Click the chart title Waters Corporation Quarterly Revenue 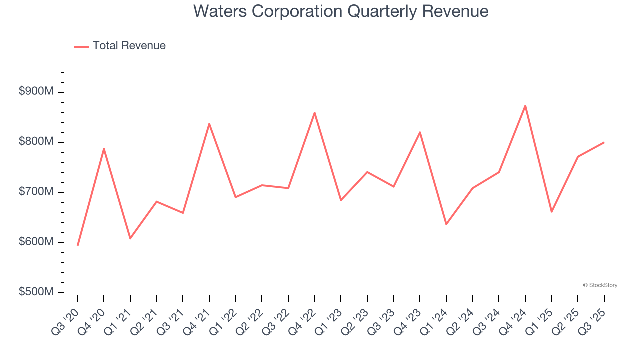click(341, 11)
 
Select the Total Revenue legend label click(129, 46)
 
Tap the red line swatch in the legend click(81, 46)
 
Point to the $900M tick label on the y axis click(36, 92)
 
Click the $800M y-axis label click(36, 142)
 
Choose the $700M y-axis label click(36, 192)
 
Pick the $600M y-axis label click(36, 242)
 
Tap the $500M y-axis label click(36, 292)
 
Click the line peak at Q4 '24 click(525, 105)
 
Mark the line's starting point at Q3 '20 click(78, 245)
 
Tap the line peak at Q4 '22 click(315, 113)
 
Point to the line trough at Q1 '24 click(446, 224)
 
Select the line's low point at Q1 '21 click(130, 238)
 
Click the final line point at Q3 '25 click(604, 143)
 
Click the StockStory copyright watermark click(600, 285)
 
